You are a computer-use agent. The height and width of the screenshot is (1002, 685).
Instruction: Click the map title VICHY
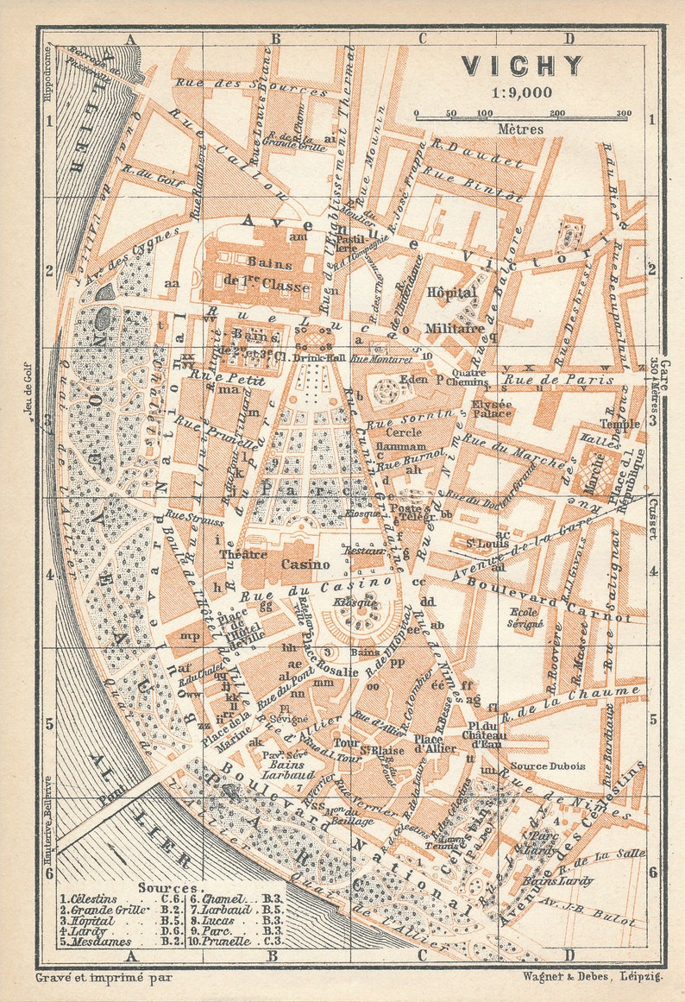(522, 66)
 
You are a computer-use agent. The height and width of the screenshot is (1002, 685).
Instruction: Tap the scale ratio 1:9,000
(521, 92)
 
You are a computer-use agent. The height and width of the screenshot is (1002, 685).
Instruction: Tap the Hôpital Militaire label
(453, 310)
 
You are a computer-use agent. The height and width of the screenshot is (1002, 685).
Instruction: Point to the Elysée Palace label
(492, 408)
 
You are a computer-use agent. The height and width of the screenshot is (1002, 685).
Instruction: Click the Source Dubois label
(547, 766)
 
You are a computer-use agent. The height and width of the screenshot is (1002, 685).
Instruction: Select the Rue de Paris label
(558, 379)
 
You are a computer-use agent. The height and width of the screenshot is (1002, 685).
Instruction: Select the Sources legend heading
(167, 887)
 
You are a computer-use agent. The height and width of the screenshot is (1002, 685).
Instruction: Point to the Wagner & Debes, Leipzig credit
(591, 977)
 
